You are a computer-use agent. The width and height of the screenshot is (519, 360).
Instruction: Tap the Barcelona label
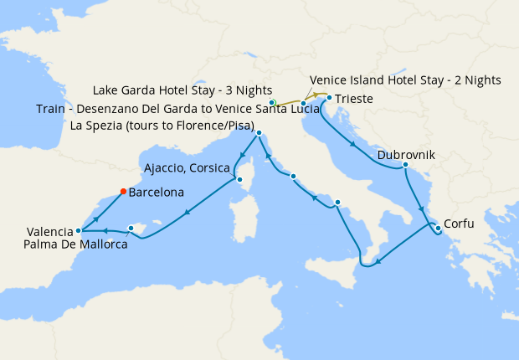coord(157,192)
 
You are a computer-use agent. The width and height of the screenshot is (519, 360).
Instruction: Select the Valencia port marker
coord(78,230)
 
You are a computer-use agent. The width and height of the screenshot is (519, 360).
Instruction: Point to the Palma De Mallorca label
coord(77,244)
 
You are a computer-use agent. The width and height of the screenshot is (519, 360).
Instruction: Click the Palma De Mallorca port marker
coord(131,228)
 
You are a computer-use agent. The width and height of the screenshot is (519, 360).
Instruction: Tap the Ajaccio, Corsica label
coord(188,166)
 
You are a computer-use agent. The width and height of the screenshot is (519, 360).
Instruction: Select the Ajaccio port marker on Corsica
coord(239,178)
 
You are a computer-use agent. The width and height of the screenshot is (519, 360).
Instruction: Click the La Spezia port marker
coord(259,133)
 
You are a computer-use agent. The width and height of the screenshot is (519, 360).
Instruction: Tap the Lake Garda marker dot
coord(272,103)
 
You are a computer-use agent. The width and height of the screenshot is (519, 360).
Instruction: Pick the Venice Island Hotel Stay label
coord(405,80)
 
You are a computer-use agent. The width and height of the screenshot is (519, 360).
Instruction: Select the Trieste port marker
coord(329,98)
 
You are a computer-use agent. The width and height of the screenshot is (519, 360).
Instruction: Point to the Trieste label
coord(357,100)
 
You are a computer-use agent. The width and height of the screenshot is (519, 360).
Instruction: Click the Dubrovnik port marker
coord(405,165)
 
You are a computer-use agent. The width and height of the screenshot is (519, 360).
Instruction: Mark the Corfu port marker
coord(438,227)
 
